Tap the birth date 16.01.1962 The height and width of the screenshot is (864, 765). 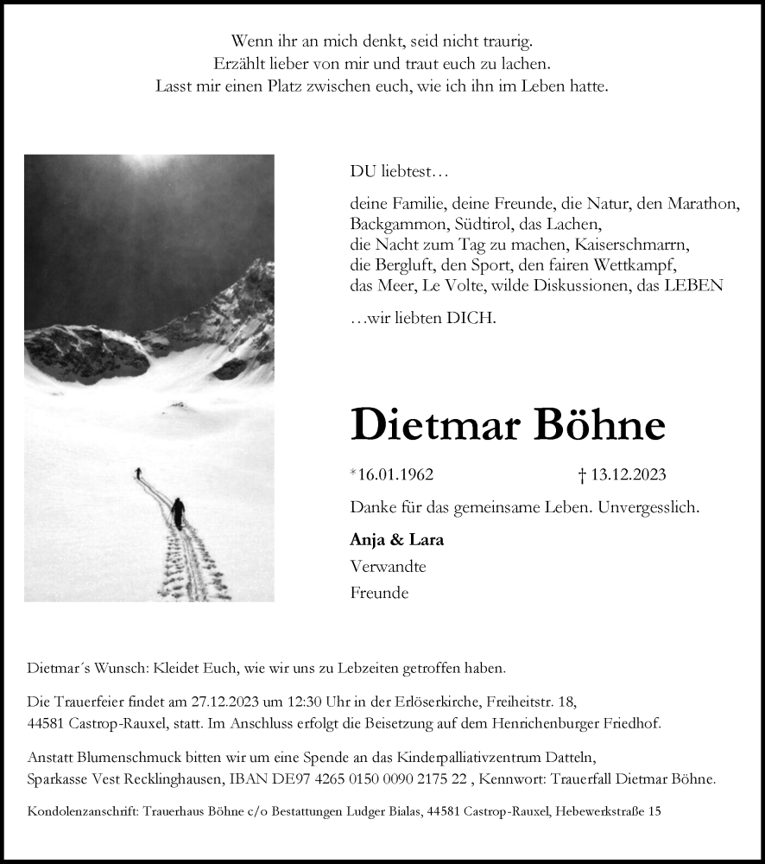pos(395,475)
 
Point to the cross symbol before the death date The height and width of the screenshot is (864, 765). pos(582,475)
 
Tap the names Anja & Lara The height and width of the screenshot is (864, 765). pos(397,540)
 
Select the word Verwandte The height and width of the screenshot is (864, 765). pos(389,567)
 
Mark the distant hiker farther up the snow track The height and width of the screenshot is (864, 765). pos(137,473)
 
